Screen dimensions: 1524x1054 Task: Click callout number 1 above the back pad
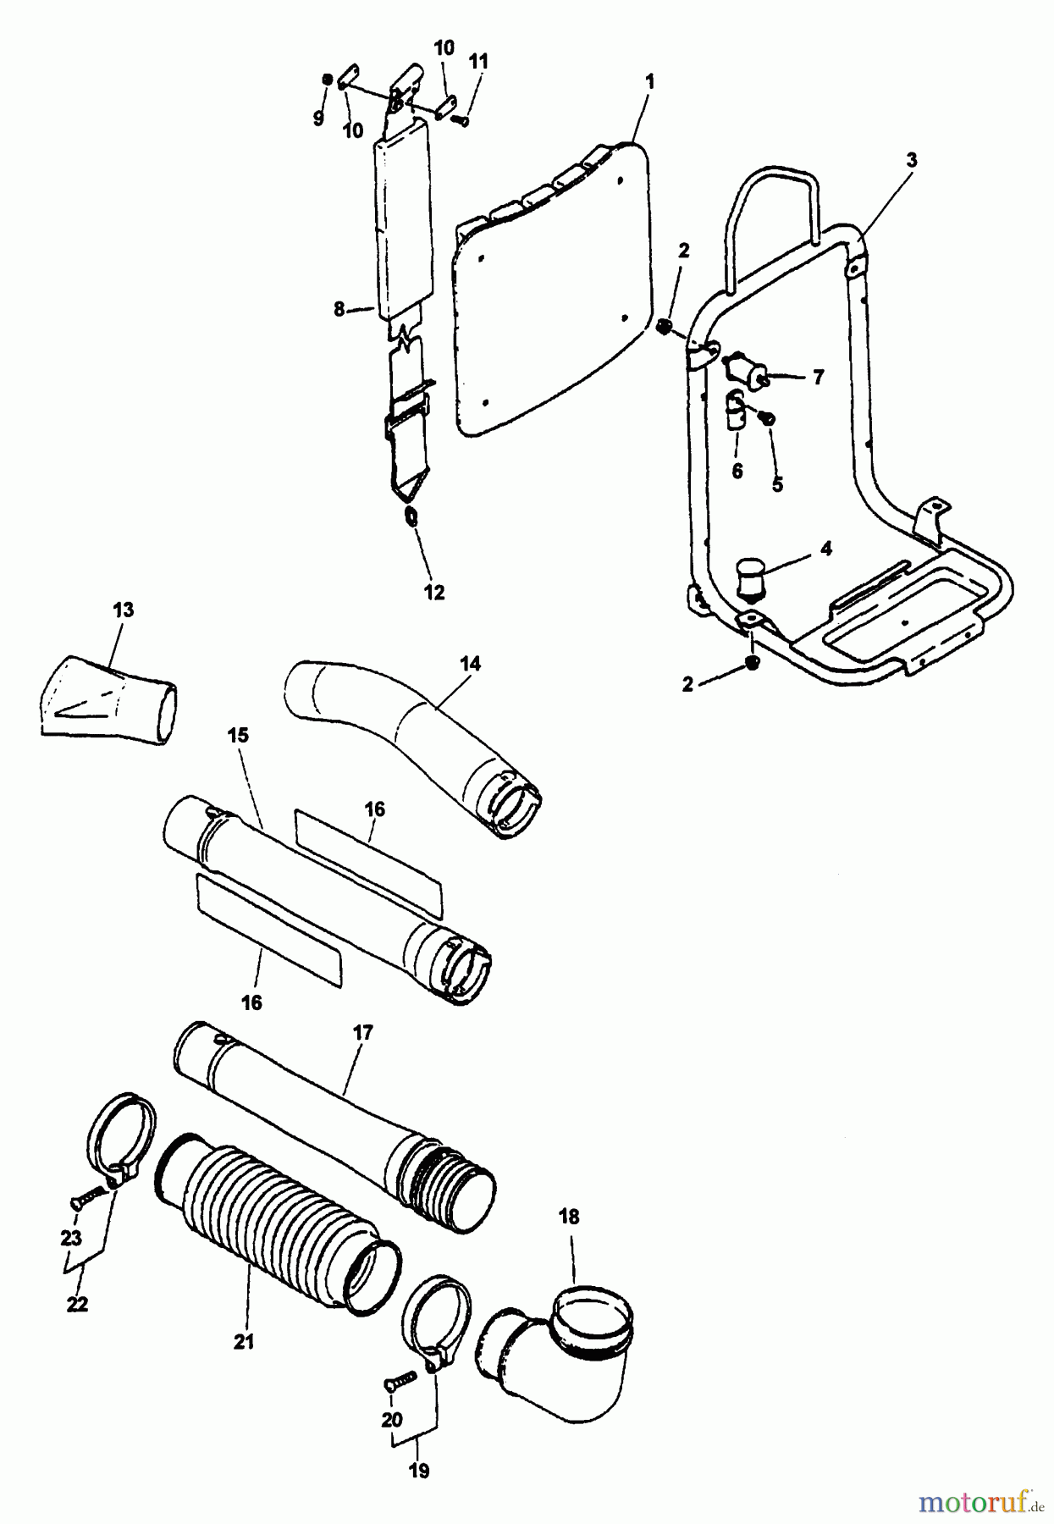click(649, 82)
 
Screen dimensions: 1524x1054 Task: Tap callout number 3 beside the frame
click(911, 159)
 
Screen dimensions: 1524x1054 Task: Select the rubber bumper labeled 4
click(748, 577)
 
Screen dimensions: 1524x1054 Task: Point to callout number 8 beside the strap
click(339, 310)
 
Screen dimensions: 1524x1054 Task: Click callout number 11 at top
click(478, 61)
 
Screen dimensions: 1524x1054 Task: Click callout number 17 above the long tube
click(363, 1033)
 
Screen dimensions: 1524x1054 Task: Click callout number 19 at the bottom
click(418, 1471)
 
